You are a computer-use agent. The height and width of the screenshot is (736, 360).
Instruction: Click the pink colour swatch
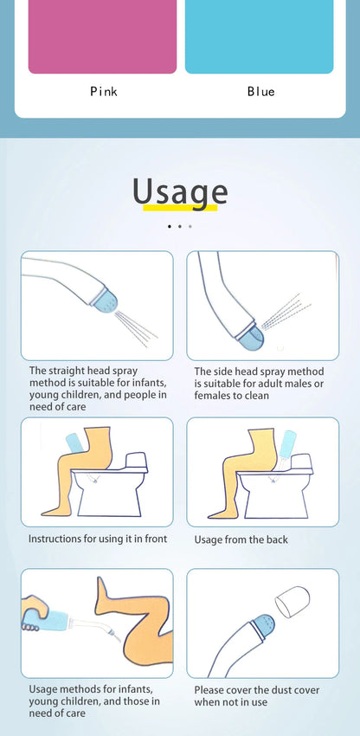(x=102, y=36)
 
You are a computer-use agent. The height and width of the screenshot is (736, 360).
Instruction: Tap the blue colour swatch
(x=259, y=36)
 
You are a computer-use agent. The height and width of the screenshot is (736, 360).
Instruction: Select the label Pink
(x=103, y=91)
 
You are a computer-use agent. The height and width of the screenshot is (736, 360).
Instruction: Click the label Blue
(x=260, y=91)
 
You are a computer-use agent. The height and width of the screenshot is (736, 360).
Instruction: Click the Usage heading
(x=180, y=191)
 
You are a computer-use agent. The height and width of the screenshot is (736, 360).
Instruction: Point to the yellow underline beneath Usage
(x=179, y=209)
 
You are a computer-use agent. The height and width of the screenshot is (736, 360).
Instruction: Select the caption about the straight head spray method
(x=97, y=382)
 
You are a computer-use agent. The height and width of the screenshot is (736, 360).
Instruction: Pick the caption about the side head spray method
(x=259, y=382)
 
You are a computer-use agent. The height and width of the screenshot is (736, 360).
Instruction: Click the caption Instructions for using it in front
(x=98, y=539)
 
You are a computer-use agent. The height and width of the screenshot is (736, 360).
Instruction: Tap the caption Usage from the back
(x=241, y=539)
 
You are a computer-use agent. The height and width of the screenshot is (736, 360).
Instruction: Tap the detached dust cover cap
(x=292, y=598)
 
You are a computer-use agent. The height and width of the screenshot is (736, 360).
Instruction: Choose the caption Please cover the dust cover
(x=256, y=696)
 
